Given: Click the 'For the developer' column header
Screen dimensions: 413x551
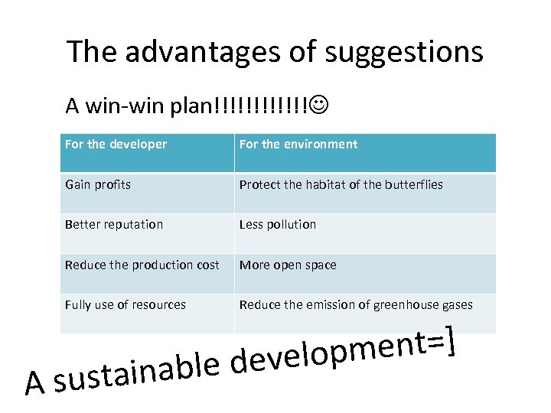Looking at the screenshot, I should click(116, 145).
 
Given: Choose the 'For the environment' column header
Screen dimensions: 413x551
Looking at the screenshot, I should click(298, 145).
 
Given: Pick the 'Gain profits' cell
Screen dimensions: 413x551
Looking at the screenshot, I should click(98, 184).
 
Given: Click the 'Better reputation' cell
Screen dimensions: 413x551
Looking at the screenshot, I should click(114, 224).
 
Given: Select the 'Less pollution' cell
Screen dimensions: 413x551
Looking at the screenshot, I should click(278, 224).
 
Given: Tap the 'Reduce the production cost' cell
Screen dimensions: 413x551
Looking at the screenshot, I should click(142, 265).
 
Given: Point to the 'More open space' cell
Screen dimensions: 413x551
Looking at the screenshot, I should click(288, 265).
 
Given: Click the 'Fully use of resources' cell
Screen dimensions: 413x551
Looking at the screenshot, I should click(126, 304).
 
